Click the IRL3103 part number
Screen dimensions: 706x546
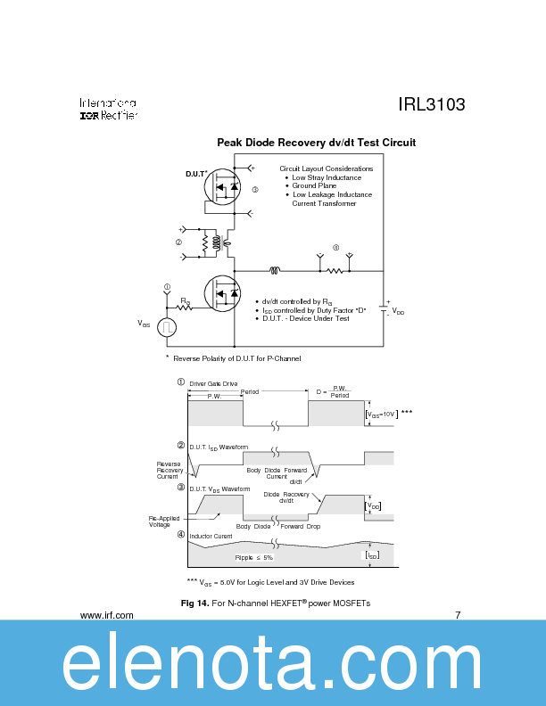tap(431, 105)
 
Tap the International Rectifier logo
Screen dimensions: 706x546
tap(108, 110)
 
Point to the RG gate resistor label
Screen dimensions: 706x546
tap(185, 301)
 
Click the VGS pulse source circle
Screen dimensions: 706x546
tap(167, 327)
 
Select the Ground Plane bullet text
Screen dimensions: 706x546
tap(315, 186)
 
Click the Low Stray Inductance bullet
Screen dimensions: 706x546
tap(327, 177)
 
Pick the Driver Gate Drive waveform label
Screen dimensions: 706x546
tap(213, 383)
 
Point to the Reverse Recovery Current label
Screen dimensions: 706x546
tap(168, 470)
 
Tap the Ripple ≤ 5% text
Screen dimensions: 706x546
tap(254, 557)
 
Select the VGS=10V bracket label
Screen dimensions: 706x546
tap(382, 415)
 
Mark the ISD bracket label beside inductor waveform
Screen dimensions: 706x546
tap(372, 554)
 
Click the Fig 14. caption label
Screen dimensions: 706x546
tap(194, 603)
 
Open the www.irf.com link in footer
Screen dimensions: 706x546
tap(107, 615)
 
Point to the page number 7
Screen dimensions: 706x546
tap(458, 615)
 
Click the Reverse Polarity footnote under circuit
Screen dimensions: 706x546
tap(234, 358)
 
